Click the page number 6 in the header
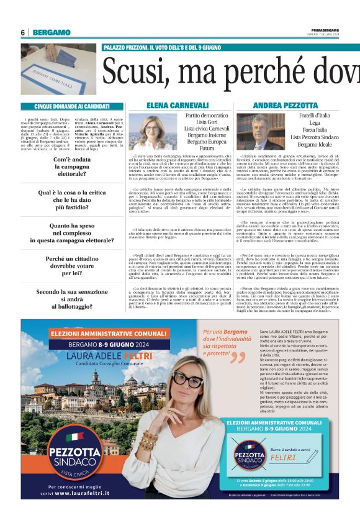(x=22, y=32)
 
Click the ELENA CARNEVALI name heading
(x=178, y=106)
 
